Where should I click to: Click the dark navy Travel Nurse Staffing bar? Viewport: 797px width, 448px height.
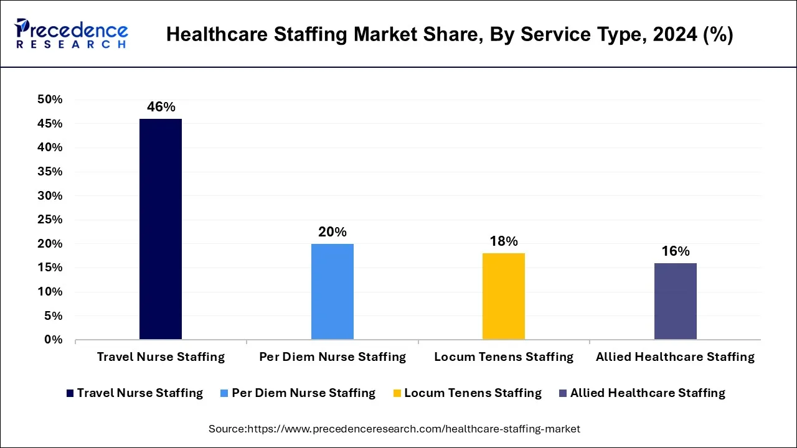(x=161, y=229)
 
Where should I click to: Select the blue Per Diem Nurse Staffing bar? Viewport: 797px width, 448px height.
(x=332, y=291)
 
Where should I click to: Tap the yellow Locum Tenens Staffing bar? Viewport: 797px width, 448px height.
(x=504, y=296)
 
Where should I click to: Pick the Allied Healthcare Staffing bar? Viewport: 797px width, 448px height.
(x=676, y=301)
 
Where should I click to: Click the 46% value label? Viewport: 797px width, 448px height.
(x=161, y=107)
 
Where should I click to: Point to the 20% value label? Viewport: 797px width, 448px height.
(x=332, y=232)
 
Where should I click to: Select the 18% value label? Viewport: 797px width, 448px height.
(x=504, y=241)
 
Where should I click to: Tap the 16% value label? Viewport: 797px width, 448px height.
(x=676, y=251)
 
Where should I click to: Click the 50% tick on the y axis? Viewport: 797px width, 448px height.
(x=50, y=100)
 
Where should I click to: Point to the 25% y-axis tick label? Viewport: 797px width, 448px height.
(x=50, y=220)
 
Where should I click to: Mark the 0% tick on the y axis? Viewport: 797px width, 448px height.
(x=54, y=340)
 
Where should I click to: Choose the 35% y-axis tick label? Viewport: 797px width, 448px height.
(x=50, y=172)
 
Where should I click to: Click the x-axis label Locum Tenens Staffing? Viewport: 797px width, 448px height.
(x=504, y=357)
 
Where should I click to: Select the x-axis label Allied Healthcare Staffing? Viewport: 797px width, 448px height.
(x=675, y=357)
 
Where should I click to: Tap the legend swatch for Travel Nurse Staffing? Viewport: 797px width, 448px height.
(x=70, y=393)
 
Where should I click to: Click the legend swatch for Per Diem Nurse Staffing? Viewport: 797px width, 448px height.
(x=225, y=393)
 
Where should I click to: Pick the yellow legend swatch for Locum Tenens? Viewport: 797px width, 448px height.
(x=397, y=393)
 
